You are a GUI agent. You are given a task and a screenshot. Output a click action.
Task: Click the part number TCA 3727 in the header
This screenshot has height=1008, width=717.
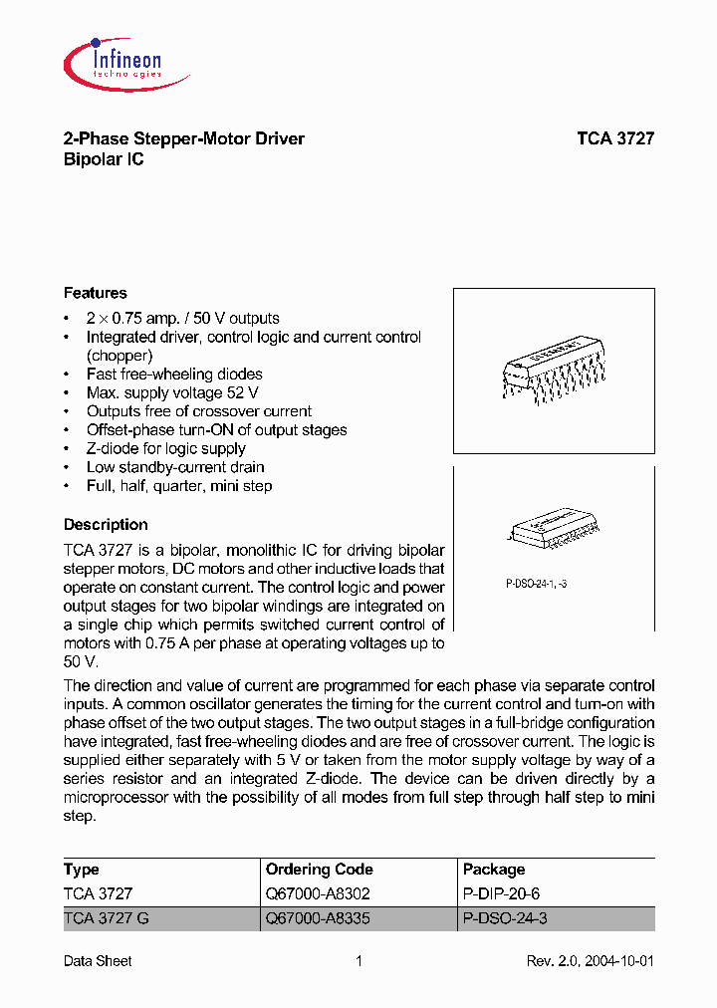614,139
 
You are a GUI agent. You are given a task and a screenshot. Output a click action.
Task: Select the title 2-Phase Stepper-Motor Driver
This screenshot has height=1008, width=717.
184,139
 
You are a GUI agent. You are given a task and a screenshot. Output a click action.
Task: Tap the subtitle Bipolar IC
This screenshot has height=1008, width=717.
104,159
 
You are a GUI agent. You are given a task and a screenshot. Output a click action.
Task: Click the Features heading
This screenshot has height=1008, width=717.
96,293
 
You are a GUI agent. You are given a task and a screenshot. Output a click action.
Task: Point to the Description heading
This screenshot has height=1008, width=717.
106,525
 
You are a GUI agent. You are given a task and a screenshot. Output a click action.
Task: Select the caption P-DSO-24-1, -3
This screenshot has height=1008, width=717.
530,584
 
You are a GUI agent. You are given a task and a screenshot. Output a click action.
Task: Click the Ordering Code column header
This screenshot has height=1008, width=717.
320,870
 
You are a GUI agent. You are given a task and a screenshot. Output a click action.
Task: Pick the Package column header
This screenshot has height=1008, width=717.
494,870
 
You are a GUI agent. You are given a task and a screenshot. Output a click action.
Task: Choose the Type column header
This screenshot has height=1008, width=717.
82,870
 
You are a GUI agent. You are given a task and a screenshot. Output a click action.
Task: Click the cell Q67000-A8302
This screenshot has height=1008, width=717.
318,894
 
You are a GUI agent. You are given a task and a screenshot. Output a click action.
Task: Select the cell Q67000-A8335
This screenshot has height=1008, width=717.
318,918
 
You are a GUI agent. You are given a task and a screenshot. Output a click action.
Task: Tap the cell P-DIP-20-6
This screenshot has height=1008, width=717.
502,894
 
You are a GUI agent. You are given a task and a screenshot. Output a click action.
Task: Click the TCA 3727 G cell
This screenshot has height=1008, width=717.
107,918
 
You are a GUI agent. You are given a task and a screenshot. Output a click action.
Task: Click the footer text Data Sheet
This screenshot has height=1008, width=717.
98,961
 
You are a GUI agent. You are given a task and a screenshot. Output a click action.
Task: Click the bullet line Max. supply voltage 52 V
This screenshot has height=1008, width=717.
174,392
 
